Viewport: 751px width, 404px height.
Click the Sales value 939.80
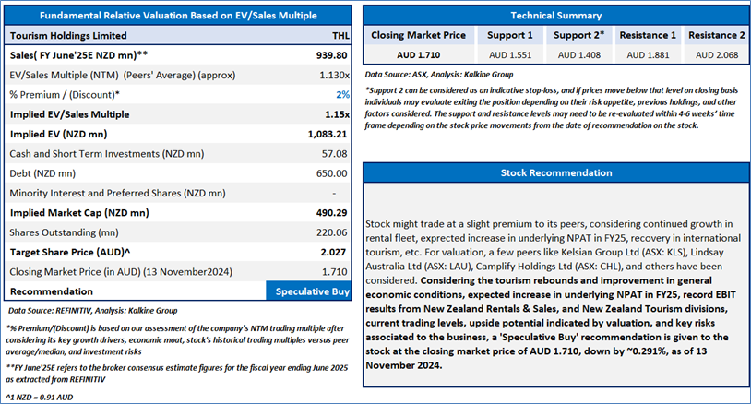[331, 55]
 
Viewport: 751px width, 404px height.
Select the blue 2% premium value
[342, 95]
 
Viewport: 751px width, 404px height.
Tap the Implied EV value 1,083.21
[328, 135]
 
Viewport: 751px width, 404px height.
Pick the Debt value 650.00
[331, 173]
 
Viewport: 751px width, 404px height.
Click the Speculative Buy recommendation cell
[308, 291]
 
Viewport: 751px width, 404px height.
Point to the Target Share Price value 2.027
[333, 252]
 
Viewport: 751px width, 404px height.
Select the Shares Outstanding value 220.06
[331, 232]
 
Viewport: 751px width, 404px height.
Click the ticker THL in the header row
[340, 36]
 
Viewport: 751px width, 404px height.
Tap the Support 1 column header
[509, 35]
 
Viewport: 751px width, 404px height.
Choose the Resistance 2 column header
[717, 35]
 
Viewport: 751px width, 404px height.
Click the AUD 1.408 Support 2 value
[579, 55]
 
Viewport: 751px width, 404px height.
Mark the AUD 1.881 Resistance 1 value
[648, 55]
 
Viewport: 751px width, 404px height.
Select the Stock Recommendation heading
[556, 172]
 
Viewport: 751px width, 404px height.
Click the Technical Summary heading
[556, 16]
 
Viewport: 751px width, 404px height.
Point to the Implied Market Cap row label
[79, 213]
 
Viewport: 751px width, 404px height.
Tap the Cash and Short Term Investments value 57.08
[334, 154]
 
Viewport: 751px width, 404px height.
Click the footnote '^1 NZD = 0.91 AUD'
[40, 398]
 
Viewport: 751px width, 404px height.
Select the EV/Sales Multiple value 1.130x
[334, 75]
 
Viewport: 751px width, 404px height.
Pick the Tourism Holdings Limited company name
[68, 36]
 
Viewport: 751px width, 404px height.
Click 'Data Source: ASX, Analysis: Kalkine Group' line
[439, 75]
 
